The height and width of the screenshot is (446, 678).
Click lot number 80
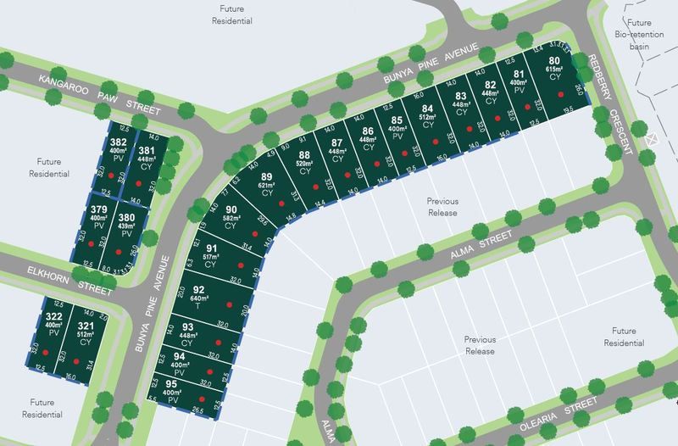(x=554, y=60)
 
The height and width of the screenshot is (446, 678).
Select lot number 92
(x=199, y=289)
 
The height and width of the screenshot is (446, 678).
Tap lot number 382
(x=119, y=142)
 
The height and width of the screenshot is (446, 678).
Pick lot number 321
(x=86, y=325)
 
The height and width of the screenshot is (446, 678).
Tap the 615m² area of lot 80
(x=554, y=69)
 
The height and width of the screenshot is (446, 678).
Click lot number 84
(x=428, y=109)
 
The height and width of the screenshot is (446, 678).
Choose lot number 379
(x=99, y=209)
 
